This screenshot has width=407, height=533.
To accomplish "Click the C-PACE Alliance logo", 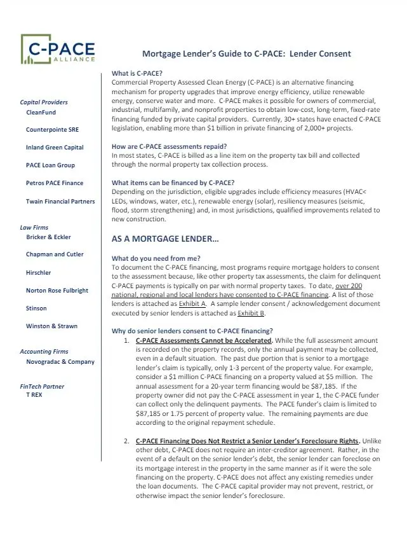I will point(58,50).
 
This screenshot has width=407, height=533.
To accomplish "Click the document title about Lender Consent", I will point(245,53).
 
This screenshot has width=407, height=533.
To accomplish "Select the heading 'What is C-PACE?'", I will point(137,74).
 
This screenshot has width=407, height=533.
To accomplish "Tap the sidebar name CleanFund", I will point(41,112).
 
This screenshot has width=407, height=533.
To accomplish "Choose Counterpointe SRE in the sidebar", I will point(52,130).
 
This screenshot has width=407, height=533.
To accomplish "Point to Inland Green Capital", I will point(55,148).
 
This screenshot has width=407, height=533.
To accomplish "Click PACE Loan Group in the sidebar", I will point(50,165).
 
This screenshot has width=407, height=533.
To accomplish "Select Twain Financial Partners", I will point(60,201).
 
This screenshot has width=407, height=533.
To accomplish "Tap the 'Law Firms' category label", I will point(34,227).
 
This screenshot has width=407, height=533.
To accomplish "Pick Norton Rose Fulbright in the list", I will point(57,291).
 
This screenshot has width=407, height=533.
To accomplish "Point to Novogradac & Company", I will point(60,362).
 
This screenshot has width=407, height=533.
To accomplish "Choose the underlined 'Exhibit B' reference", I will point(251,314).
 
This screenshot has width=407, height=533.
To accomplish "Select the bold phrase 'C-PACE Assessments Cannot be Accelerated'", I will point(204,340).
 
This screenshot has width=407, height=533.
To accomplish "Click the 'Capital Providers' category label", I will point(44,102).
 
